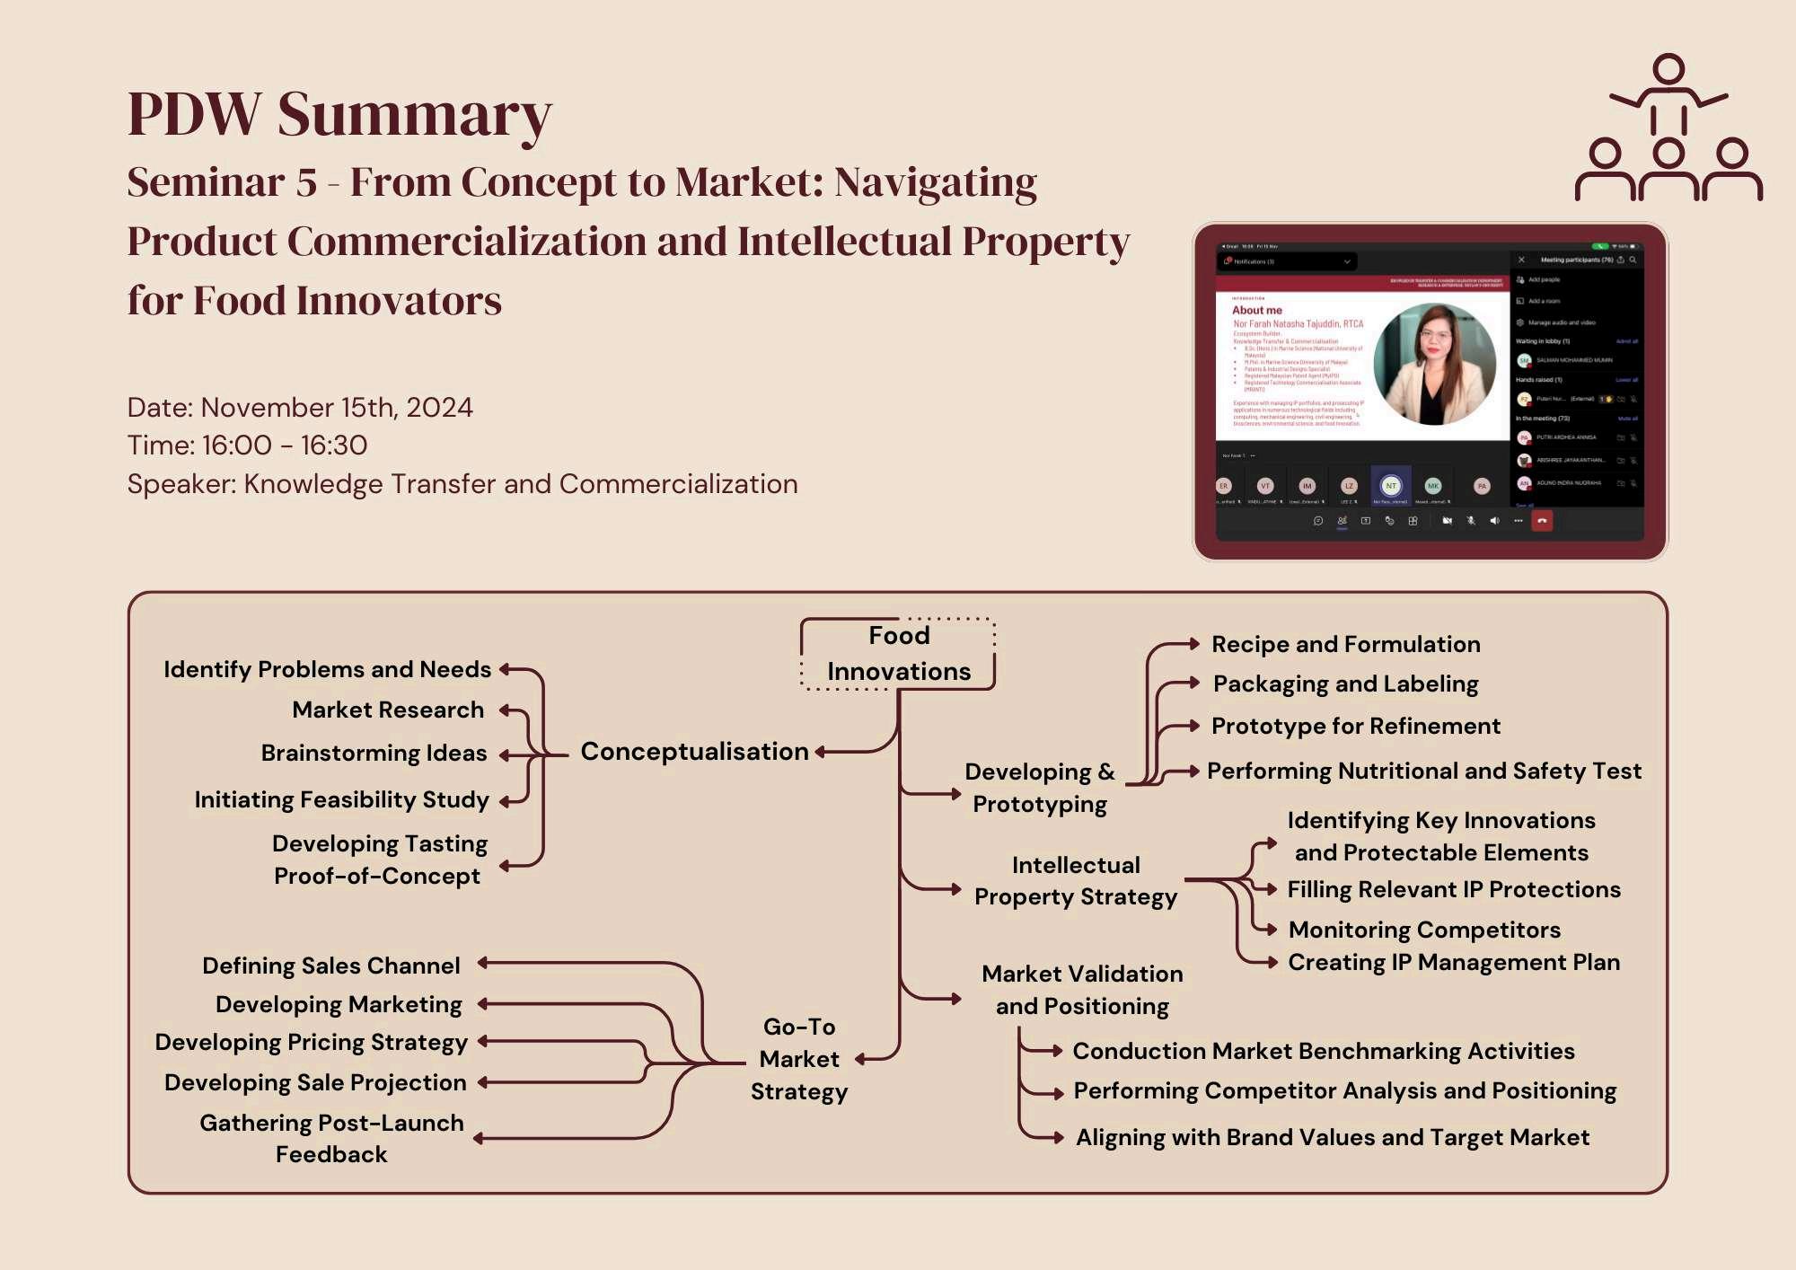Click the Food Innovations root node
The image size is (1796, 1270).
(x=898, y=654)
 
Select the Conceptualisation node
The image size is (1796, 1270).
(x=694, y=751)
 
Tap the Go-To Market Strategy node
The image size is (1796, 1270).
(x=799, y=1059)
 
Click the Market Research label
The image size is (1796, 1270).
(x=388, y=710)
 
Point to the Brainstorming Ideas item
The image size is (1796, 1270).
(x=374, y=753)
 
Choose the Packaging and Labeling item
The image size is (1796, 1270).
(x=1345, y=684)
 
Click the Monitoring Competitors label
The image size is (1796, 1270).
(x=1424, y=930)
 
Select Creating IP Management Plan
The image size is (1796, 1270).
(x=1454, y=962)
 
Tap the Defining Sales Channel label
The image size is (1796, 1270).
(x=331, y=966)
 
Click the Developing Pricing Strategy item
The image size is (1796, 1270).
(x=312, y=1042)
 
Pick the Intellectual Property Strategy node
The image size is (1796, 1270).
(x=1076, y=881)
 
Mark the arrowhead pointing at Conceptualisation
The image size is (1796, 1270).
(x=821, y=752)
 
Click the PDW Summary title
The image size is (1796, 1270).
(x=339, y=114)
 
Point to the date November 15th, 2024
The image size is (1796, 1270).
(x=300, y=407)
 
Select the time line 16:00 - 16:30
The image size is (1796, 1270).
(x=247, y=445)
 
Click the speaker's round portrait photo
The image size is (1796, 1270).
(x=1434, y=364)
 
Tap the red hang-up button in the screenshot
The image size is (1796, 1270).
(x=1542, y=521)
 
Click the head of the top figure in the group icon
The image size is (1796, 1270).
(x=1668, y=69)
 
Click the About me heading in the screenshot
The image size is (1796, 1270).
(x=1256, y=310)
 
